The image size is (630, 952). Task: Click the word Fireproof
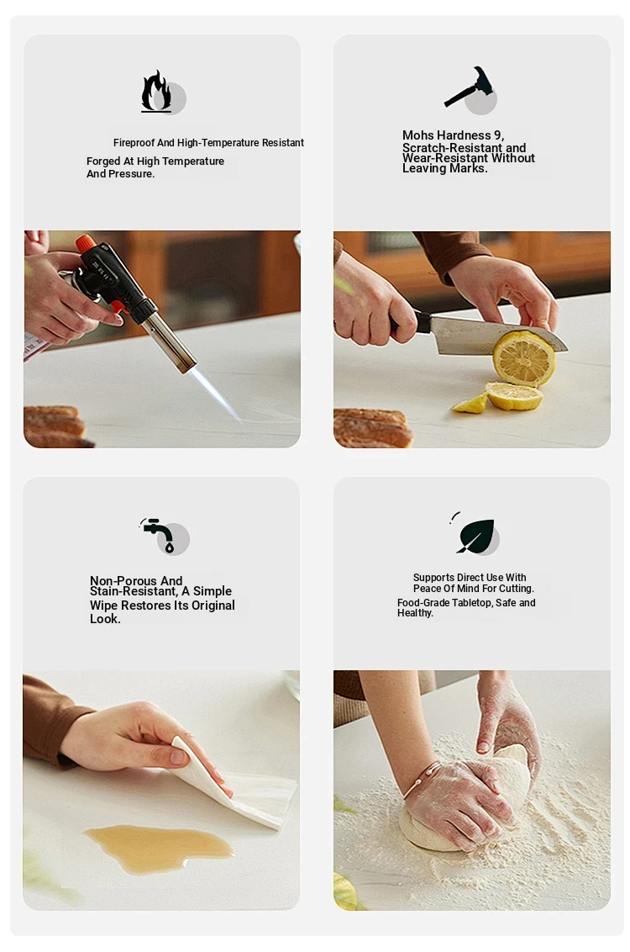coord(134,143)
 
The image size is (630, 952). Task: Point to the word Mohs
coord(417,135)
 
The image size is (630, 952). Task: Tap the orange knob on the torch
coord(86,243)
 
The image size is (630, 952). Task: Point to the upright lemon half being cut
coord(523,358)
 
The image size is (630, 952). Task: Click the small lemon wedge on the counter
coord(470,404)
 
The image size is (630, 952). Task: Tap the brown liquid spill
coord(159,848)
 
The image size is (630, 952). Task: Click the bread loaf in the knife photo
coord(371,428)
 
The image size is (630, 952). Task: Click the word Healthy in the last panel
coord(415,613)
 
